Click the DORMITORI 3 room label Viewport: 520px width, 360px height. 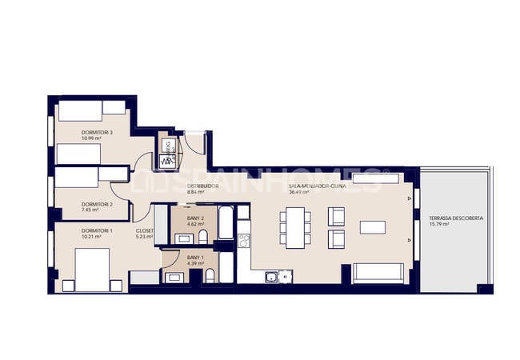[x=97, y=132]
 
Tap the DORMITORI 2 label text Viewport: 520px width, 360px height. [x=97, y=204]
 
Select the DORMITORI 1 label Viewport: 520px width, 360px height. [x=97, y=230]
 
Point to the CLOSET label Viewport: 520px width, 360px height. [x=145, y=230]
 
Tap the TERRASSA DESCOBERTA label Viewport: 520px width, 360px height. [x=455, y=218]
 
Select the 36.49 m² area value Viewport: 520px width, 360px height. [x=299, y=192]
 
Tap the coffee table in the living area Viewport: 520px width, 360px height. [x=373, y=227]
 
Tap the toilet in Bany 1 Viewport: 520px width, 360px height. [x=210, y=276]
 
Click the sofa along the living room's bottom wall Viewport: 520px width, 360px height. [x=378, y=272]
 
